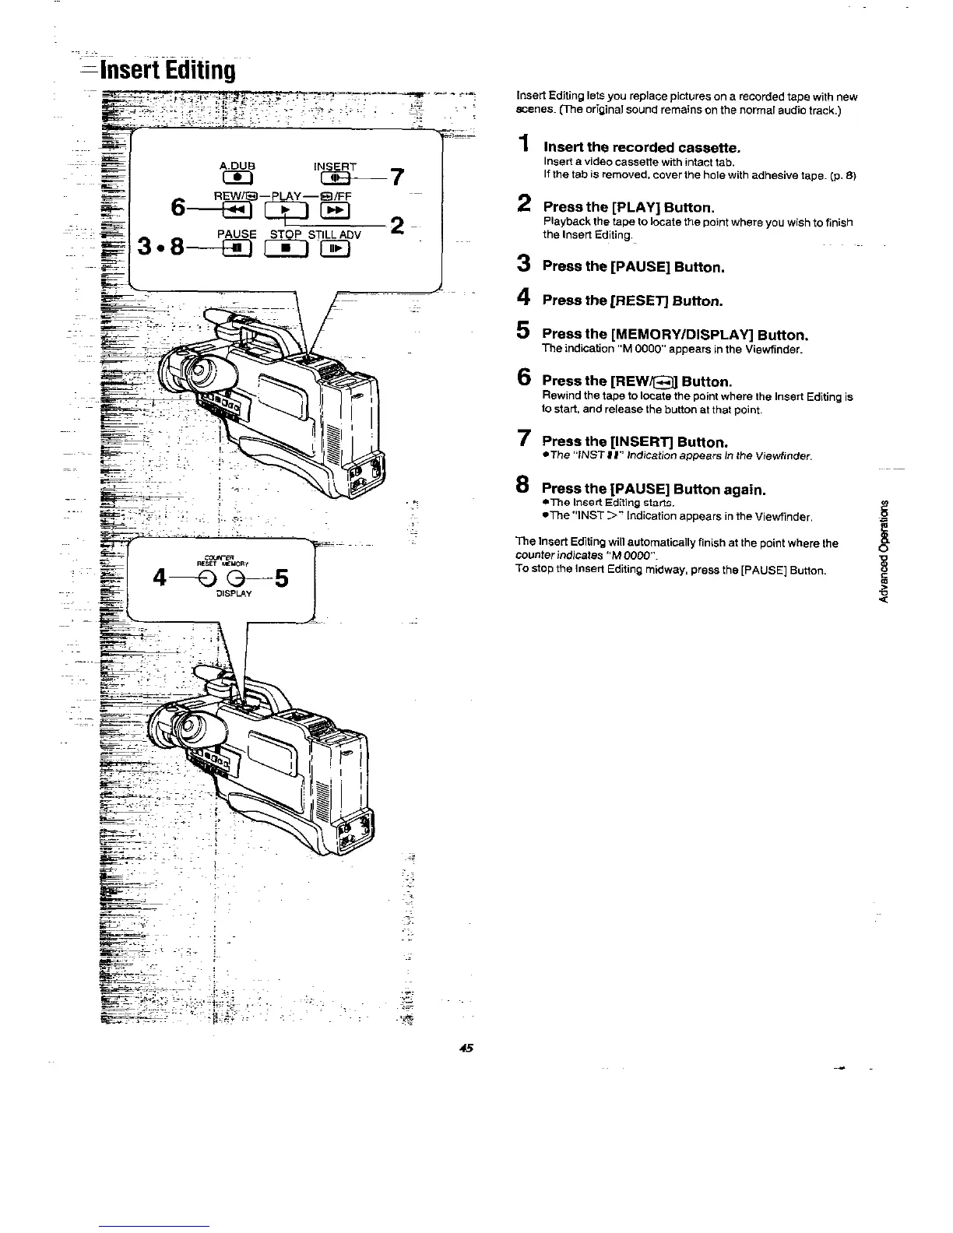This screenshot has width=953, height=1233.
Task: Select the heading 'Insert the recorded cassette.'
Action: click(x=641, y=147)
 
